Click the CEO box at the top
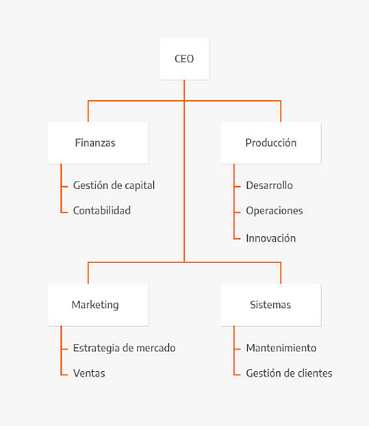pyautogui.click(x=184, y=59)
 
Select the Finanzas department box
pyautogui.click(x=98, y=143)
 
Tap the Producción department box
pyautogui.click(x=271, y=143)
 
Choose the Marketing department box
pyautogui.click(x=98, y=305)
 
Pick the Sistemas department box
pyautogui.click(x=271, y=305)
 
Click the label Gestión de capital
pyautogui.click(x=114, y=186)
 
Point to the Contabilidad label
pyautogui.click(x=102, y=210)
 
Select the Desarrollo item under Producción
pyautogui.click(x=269, y=185)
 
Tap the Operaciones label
pyautogui.click(x=274, y=211)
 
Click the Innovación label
pyautogui.click(x=271, y=238)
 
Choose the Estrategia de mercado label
pyautogui.click(x=124, y=349)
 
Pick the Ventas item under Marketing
pyautogui.click(x=89, y=374)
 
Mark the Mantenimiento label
pyautogui.click(x=281, y=348)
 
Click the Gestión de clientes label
pyautogui.click(x=289, y=374)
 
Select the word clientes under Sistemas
pyautogui.click(x=315, y=374)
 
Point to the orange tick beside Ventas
pyautogui.click(x=64, y=375)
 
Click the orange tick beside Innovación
pyautogui.click(x=237, y=239)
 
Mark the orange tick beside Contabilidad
pyautogui.click(x=64, y=213)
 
